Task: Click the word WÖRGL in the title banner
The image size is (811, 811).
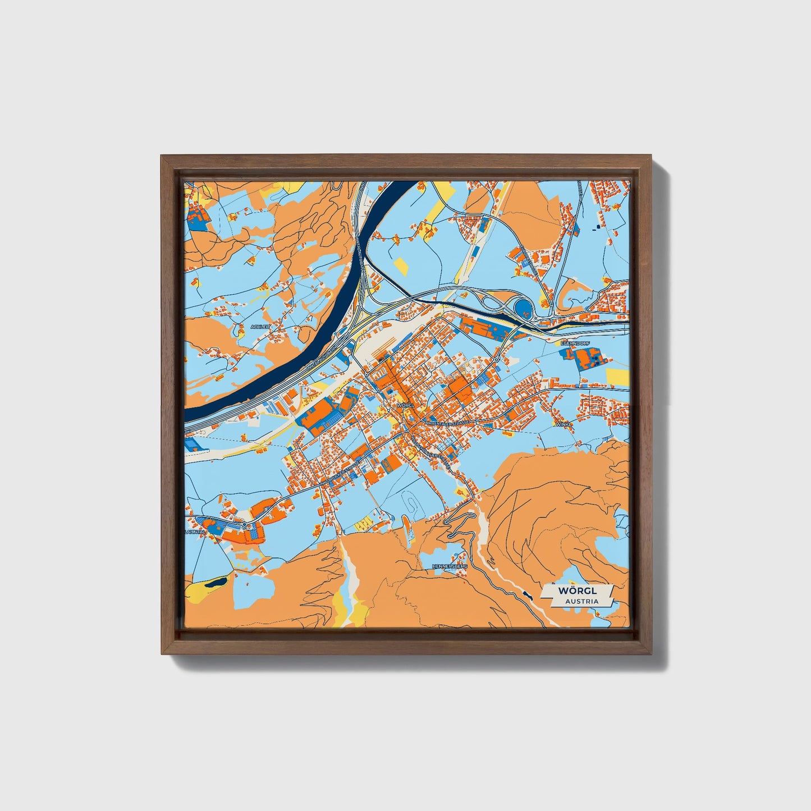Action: [x=578, y=591]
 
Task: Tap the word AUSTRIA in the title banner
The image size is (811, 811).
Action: [x=581, y=601]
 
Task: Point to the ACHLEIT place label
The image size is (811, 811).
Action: [x=261, y=326]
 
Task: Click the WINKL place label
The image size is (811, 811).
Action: [x=563, y=424]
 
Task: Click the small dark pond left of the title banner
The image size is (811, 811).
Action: [x=526, y=594]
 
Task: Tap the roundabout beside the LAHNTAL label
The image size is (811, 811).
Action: [x=245, y=524]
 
